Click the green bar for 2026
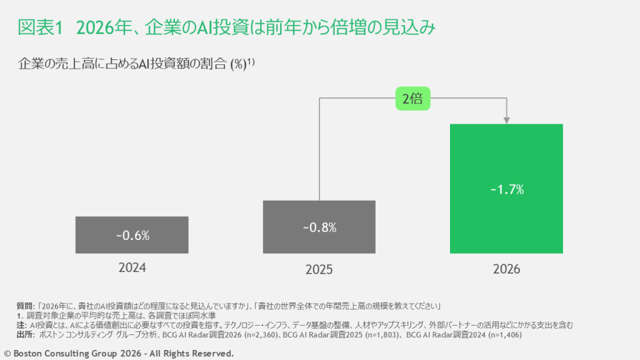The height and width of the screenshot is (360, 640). click(x=506, y=156)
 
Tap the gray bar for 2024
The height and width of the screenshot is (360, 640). click(x=132, y=244)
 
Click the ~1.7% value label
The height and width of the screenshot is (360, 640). click(x=506, y=189)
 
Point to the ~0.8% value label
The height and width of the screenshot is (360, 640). click(x=319, y=227)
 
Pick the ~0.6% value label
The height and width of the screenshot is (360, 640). click(x=132, y=236)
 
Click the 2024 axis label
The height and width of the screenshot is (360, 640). click(x=132, y=268)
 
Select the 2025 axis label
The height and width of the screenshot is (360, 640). click(x=319, y=270)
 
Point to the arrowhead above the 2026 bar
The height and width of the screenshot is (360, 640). click(x=507, y=119)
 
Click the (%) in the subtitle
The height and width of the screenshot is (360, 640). click(x=237, y=64)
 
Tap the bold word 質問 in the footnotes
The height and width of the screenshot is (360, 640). click(x=25, y=306)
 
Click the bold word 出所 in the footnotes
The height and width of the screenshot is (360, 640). click(x=25, y=335)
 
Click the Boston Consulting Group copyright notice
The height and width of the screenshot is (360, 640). click(x=119, y=353)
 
